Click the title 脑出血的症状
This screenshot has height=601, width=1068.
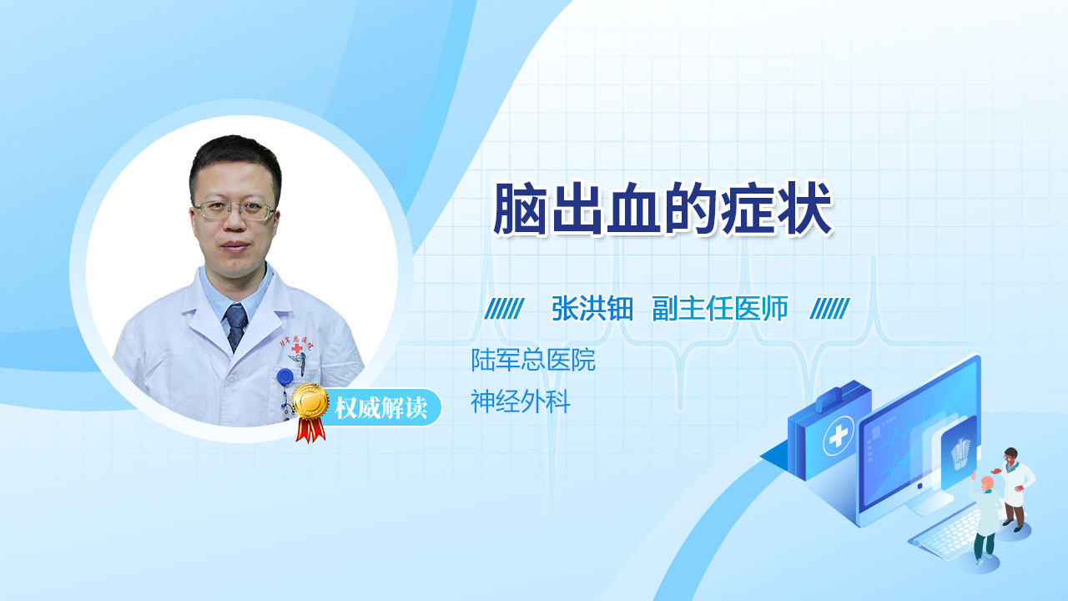pyautogui.click(x=662, y=209)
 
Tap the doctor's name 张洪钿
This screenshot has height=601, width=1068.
pyautogui.click(x=592, y=308)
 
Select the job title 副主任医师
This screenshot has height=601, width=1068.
pyautogui.click(x=720, y=308)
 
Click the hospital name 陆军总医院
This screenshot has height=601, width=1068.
pyautogui.click(x=533, y=360)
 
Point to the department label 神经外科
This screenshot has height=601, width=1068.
pyautogui.click(x=520, y=402)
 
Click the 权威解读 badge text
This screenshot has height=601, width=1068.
pyautogui.click(x=380, y=408)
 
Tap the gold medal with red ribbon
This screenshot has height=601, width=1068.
pyautogui.click(x=311, y=412)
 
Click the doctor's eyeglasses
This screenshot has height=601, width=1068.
pyautogui.click(x=234, y=210)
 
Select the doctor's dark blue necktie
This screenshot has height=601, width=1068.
pyautogui.click(x=236, y=326)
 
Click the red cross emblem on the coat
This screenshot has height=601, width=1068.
pyautogui.click(x=298, y=349)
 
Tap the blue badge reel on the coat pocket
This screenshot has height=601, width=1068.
pyautogui.click(x=285, y=376)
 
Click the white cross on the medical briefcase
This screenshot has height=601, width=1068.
pyautogui.click(x=839, y=435)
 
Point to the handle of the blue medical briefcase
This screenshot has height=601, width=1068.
pyautogui.click(x=830, y=399)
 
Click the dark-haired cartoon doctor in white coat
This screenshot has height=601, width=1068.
pyautogui.click(x=1015, y=489)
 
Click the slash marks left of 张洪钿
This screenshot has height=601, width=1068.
pyautogui.click(x=505, y=309)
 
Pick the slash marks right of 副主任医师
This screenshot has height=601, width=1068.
pyautogui.click(x=830, y=309)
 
